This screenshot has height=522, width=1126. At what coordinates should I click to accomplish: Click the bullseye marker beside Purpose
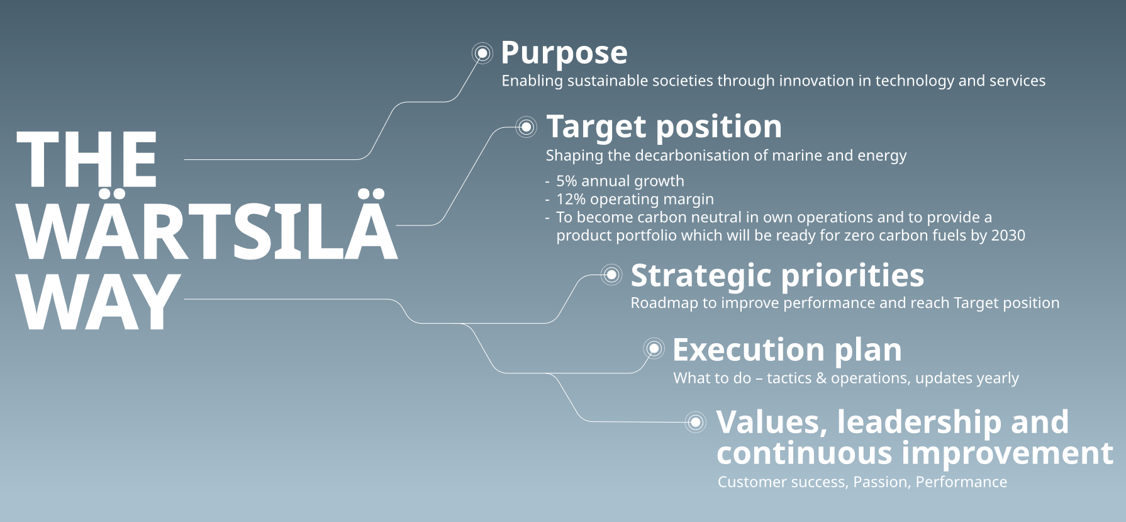pos(482,54)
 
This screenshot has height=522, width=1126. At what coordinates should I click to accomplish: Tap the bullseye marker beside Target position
pos(527,127)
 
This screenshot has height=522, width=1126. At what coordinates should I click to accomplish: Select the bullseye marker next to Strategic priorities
pos(611,275)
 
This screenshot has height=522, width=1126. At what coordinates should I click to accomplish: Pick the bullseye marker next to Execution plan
pos(654,348)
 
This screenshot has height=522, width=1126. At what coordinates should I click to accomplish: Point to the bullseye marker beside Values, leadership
pos(696,422)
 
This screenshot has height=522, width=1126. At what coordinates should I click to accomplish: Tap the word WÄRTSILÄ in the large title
pos(208,225)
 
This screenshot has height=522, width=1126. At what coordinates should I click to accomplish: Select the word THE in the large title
pos(87,160)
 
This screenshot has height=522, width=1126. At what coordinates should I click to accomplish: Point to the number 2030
pos(1008,235)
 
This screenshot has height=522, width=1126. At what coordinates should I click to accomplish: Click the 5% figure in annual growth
pos(567,181)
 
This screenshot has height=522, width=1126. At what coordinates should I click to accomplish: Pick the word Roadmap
pos(664,303)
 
